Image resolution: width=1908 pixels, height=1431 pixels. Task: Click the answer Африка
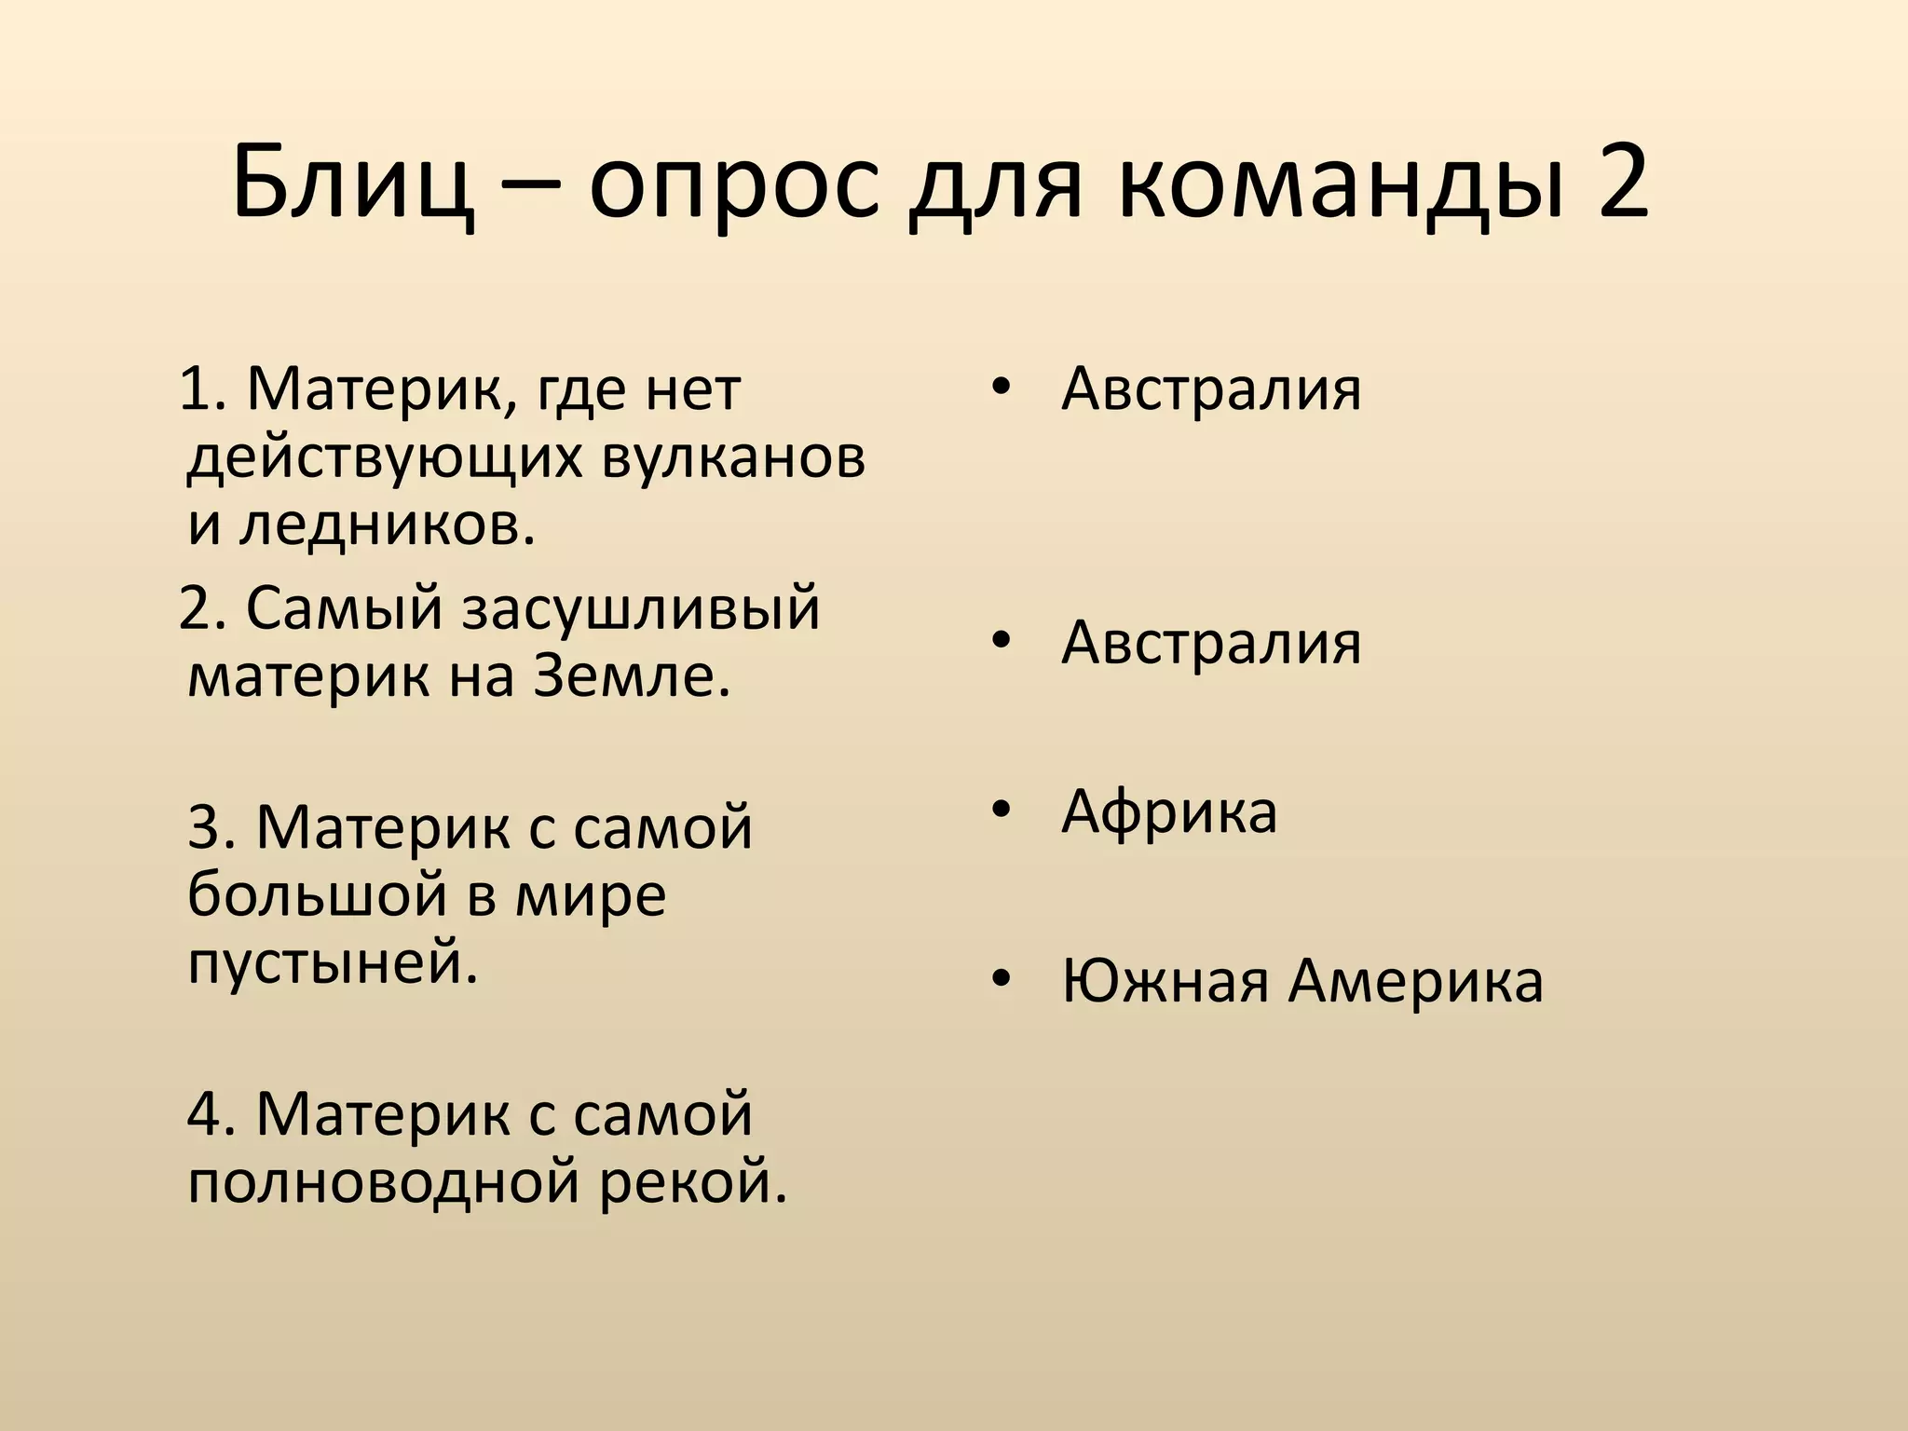point(1168,811)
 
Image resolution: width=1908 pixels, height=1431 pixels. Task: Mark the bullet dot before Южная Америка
point(1001,980)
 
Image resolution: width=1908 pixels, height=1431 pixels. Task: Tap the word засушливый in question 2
point(641,607)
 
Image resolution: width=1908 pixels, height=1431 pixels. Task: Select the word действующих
point(386,459)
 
